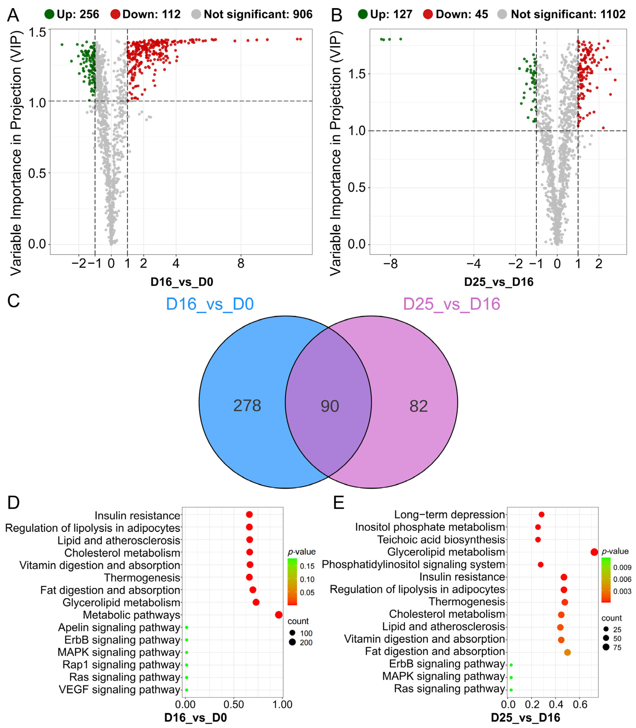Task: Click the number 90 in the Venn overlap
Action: [x=330, y=406]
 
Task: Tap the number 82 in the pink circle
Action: [x=419, y=406]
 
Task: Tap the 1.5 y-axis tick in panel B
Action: [x=356, y=74]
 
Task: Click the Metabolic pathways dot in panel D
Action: [x=279, y=615]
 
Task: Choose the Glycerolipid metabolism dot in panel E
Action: [x=594, y=552]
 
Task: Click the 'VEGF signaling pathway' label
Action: [x=120, y=690]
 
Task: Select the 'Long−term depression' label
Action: [x=449, y=515]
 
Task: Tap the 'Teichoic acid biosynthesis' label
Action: [x=441, y=539]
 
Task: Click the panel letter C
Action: [x=14, y=301]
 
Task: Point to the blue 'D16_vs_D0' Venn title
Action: [x=210, y=304]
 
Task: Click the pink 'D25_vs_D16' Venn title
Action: [x=451, y=304]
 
